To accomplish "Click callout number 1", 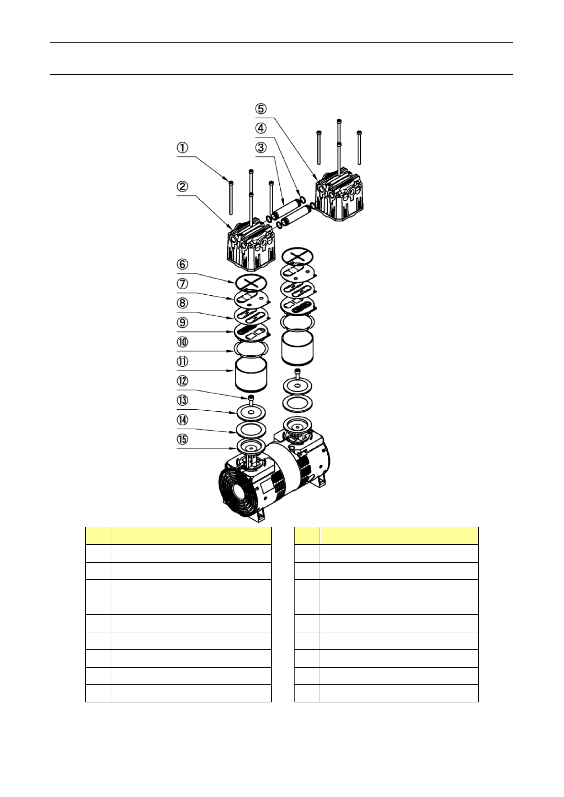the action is coord(182,148).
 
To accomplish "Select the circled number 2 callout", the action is coord(182,186).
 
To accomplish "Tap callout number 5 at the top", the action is coord(261,108).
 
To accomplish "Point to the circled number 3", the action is coord(261,147).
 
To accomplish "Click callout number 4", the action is coord(261,128).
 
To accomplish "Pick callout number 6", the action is coord(182,265).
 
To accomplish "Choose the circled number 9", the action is coord(182,323).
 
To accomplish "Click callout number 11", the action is coord(182,362).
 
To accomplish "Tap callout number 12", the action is coord(182,381).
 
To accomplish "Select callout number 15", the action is coord(182,439).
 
